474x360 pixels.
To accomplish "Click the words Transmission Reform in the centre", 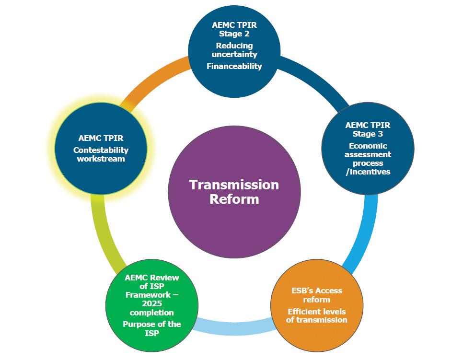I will pos(234,192).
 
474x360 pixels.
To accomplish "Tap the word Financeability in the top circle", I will pos(234,66).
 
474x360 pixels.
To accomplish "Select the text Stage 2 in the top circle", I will pos(234,34).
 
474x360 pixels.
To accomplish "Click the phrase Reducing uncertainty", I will pos(234,50).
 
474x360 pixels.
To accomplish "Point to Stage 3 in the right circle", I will pos(368,134).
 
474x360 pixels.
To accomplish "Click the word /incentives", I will pos(368,172).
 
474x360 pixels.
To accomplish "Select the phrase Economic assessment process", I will pos(368,154).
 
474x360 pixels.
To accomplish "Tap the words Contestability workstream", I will pos(101,154).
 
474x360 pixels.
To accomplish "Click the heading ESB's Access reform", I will pos(316,295).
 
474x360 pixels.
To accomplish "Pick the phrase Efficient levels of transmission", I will pos(316,316).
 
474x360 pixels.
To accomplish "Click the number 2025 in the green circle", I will pos(151,304).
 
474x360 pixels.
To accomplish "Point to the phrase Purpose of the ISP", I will pos(151,328).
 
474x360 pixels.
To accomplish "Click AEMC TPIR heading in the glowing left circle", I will pos(101,138).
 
